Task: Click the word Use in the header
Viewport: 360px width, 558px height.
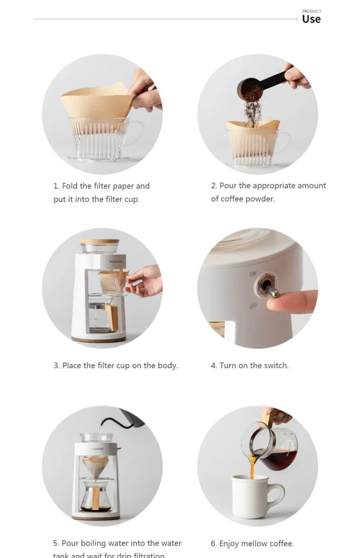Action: click(311, 19)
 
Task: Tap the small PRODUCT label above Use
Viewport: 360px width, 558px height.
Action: click(311, 11)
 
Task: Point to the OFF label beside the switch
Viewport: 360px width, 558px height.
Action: click(254, 306)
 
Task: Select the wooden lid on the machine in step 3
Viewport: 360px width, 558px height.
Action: click(99, 241)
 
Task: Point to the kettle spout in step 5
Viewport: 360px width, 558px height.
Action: click(104, 421)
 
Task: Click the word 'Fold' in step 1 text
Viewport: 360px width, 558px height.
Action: click(70, 186)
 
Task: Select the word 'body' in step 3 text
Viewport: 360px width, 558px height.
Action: click(166, 366)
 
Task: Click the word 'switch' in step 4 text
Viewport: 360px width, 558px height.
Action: click(275, 366)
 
